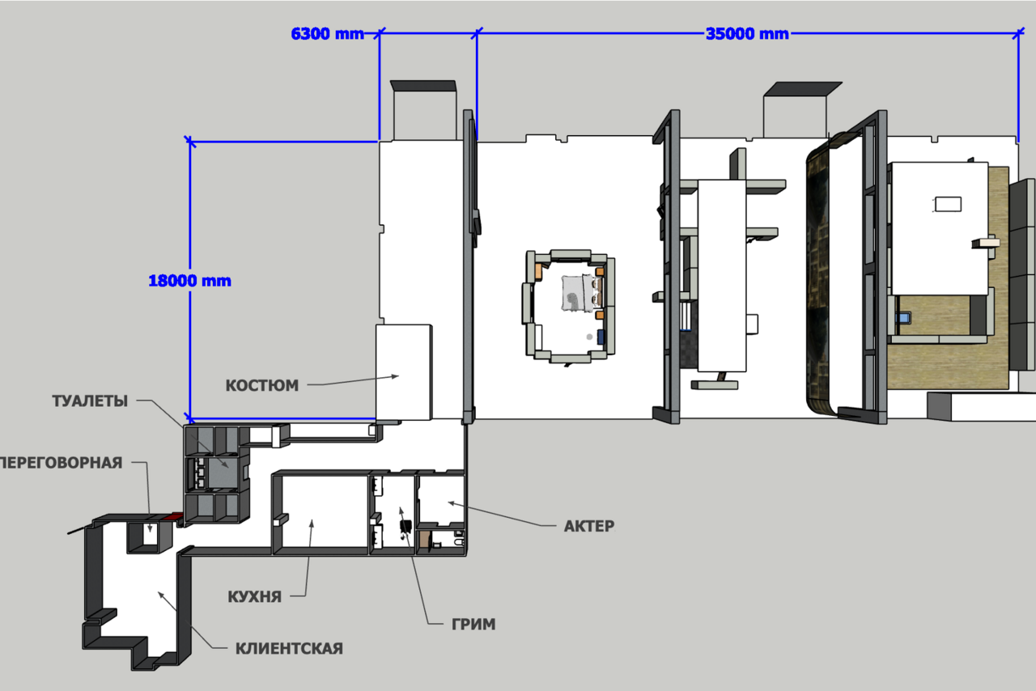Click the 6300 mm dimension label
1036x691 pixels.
(328, 34)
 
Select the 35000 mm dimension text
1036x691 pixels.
(747, 34)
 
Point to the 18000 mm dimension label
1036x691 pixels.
(189, 281)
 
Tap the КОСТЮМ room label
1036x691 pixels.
(261, 385)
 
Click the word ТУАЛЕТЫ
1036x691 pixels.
(90, 401)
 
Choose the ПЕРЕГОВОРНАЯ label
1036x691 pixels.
(61, 463)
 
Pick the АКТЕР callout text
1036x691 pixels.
(588, 526)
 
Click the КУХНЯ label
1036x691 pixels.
(254, 596)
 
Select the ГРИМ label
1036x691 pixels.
(473, 625)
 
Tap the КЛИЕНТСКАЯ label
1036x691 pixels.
(289, 648)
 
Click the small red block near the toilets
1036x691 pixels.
(176, 516)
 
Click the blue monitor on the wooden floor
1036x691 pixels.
(903, 318)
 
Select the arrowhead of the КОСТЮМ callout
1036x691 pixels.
(396, 376)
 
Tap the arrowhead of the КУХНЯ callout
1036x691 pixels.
(312, 524)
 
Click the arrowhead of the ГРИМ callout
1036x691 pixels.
(401, 511)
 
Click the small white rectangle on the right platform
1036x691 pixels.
(948, 204)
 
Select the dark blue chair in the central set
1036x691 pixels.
(601, 337)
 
